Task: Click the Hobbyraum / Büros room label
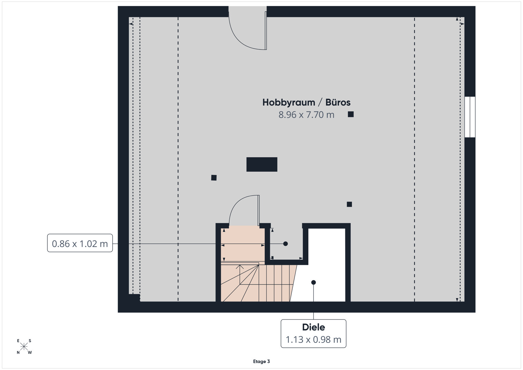[306, 102]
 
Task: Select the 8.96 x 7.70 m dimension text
[306, 115]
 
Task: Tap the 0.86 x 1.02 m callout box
[80, 243]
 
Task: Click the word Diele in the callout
[313, 327]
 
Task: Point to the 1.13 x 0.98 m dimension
[313, 340]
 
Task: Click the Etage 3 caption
[261, 361]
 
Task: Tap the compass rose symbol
[24, 347]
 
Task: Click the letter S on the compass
[30, 341]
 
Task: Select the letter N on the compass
[18, 353]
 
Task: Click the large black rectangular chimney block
[262, 165]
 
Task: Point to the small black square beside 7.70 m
[351, 114]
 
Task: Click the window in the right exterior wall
[470, 117]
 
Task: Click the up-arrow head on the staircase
[240, 266]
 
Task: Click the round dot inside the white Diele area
[313, 282]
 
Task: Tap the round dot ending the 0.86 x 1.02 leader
[285, 244]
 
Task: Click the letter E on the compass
[18, 341]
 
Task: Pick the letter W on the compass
[30, 353]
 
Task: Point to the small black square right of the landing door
[349, 204]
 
